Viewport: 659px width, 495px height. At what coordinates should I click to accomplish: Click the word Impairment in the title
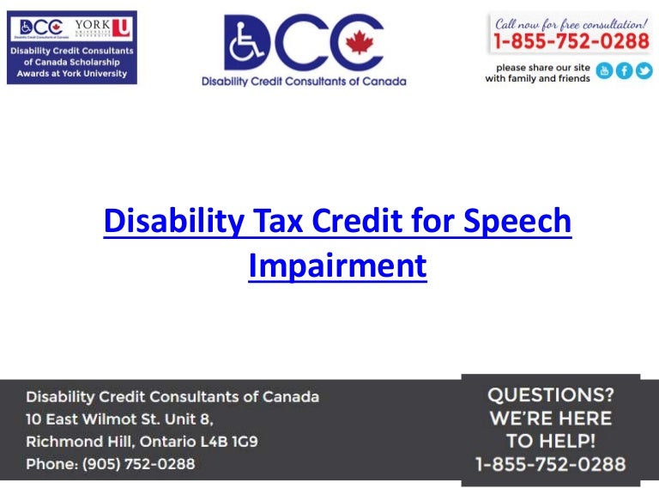(337, 266)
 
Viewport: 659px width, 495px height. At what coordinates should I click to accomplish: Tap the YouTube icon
(605, 71)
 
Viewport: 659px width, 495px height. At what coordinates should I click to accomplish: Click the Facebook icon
(625, 71)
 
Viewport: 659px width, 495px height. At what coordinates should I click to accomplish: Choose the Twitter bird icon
(644, 71)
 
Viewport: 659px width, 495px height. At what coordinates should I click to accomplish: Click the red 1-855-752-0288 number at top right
(571, 41)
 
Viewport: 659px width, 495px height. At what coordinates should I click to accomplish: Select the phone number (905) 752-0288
(138, 464)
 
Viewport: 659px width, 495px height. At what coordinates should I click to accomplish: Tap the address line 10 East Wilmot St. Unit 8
(119, 419)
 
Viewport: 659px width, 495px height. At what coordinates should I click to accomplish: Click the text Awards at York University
(71, 74)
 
